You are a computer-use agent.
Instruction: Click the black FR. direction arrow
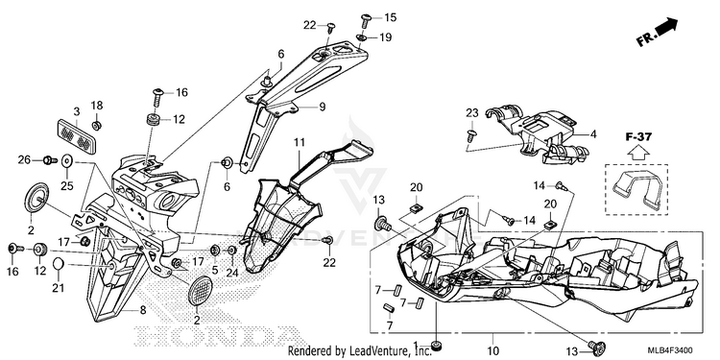coord(667,27)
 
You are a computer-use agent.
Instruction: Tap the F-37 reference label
coord(638,136)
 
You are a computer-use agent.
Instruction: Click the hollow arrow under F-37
coord(637,152)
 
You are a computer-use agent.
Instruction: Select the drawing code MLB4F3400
coord(670,350)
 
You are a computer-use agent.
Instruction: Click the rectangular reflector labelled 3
coord(76,132)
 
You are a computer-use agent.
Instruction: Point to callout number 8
coord(143,310)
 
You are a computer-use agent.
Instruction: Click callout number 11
coord(300,142)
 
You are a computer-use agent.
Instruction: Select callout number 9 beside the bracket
coord(322,107)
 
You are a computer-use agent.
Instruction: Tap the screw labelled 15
coord(367,19)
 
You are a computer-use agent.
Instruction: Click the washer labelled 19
coord(362,37)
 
